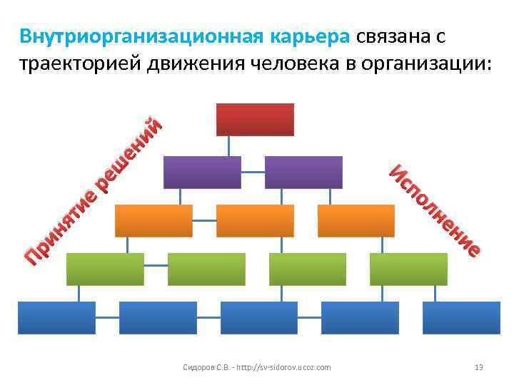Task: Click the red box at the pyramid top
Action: click(255, 119)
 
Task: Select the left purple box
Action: click(202, 172)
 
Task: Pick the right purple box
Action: click(303, 172)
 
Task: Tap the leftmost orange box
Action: click(153, 220)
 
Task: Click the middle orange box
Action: click(255, 220)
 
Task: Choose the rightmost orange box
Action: click(356, 220)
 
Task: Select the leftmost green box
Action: click(105, 269)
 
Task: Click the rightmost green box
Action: click(408, 269)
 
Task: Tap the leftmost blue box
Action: click(56, 317)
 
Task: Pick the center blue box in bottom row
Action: click(259, 317)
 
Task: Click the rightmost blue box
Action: click(461, 317)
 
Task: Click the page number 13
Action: click(479, 367)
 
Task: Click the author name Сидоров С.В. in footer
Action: click(203, 367)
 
